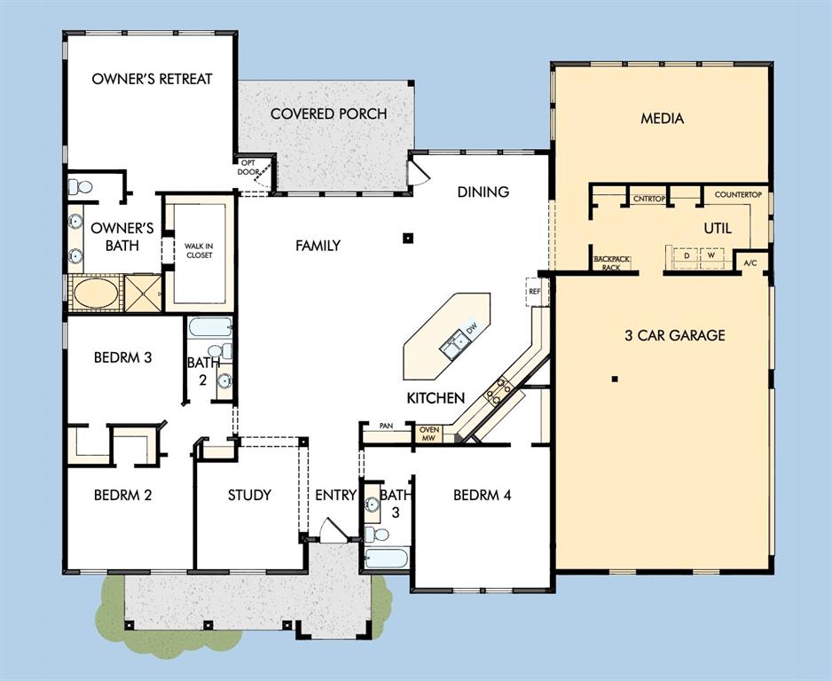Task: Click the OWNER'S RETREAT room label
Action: coord(152,79)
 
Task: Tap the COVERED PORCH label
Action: coord(328,113)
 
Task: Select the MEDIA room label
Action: coord(663,118)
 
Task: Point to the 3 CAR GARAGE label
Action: coord(675,335)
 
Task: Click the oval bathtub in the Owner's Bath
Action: coord(96,293)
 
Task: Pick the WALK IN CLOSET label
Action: coord(199,250)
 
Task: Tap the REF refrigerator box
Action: coord(534,292)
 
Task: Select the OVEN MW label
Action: coord(428,434)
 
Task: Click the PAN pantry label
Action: coord(386,426)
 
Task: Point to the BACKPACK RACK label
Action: coord(612,263)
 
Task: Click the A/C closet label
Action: coord(750,262)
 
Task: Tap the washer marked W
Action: coord(711,255)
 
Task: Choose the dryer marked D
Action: coord(687,255)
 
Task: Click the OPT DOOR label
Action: coord(249,167)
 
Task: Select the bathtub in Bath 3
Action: coord(388,559)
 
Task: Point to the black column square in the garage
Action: coord(615,379)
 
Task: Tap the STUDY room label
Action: coord(249,496)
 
